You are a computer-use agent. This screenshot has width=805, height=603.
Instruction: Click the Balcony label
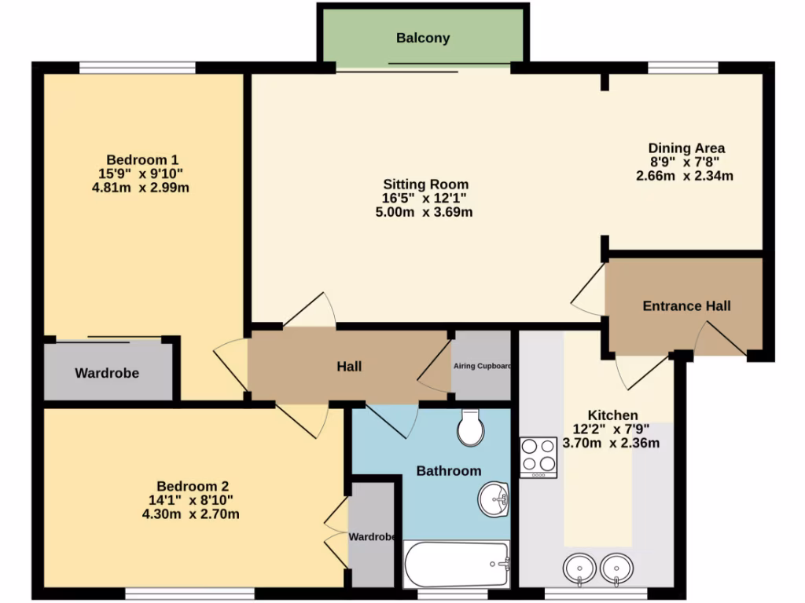point(423,38)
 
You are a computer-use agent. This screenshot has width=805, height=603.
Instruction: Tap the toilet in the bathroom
point(470,427)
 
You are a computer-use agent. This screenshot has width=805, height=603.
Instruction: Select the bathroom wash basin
point(494,497)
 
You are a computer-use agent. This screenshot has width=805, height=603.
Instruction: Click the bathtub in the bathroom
point(457,564)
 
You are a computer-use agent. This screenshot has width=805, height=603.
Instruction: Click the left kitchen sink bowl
point(580,568)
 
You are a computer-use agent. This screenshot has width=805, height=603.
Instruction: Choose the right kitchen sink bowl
point(617,568)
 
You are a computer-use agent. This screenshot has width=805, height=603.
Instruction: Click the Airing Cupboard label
point(482,366)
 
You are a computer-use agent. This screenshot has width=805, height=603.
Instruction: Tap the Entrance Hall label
point(686,306)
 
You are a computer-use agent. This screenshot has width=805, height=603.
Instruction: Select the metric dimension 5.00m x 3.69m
point(425,212)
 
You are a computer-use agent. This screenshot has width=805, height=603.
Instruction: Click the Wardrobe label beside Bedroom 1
point(107,373)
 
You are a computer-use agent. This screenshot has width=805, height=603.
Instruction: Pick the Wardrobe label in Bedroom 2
point(371,537)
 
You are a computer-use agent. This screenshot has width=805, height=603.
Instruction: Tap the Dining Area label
point(686,148)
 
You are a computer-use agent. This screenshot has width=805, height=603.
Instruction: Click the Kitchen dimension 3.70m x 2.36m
point(611,443)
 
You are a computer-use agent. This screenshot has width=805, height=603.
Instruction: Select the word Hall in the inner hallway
point(349,367)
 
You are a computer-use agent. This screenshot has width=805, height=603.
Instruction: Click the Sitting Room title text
point(425,185)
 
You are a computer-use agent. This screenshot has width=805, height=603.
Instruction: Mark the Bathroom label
point(448,471)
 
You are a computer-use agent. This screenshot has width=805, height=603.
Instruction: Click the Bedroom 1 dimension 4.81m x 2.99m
point(141,188)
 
